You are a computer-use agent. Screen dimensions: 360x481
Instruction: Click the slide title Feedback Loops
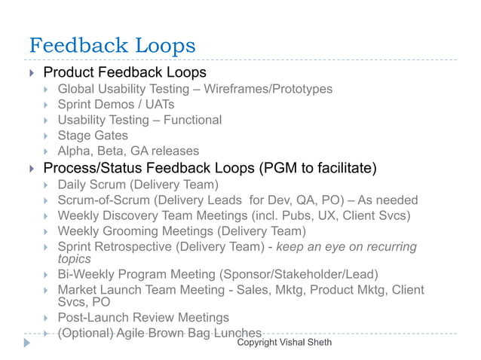tap(112, 45)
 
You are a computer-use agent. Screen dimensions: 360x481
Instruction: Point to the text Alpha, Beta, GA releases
tap(128, 151)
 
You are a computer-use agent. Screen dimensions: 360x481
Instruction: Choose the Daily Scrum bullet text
tap(138, 185)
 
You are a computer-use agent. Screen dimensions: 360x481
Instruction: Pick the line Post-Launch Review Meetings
tap(143, 317)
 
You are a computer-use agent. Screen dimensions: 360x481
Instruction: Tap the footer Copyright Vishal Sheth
tap(283, 343)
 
